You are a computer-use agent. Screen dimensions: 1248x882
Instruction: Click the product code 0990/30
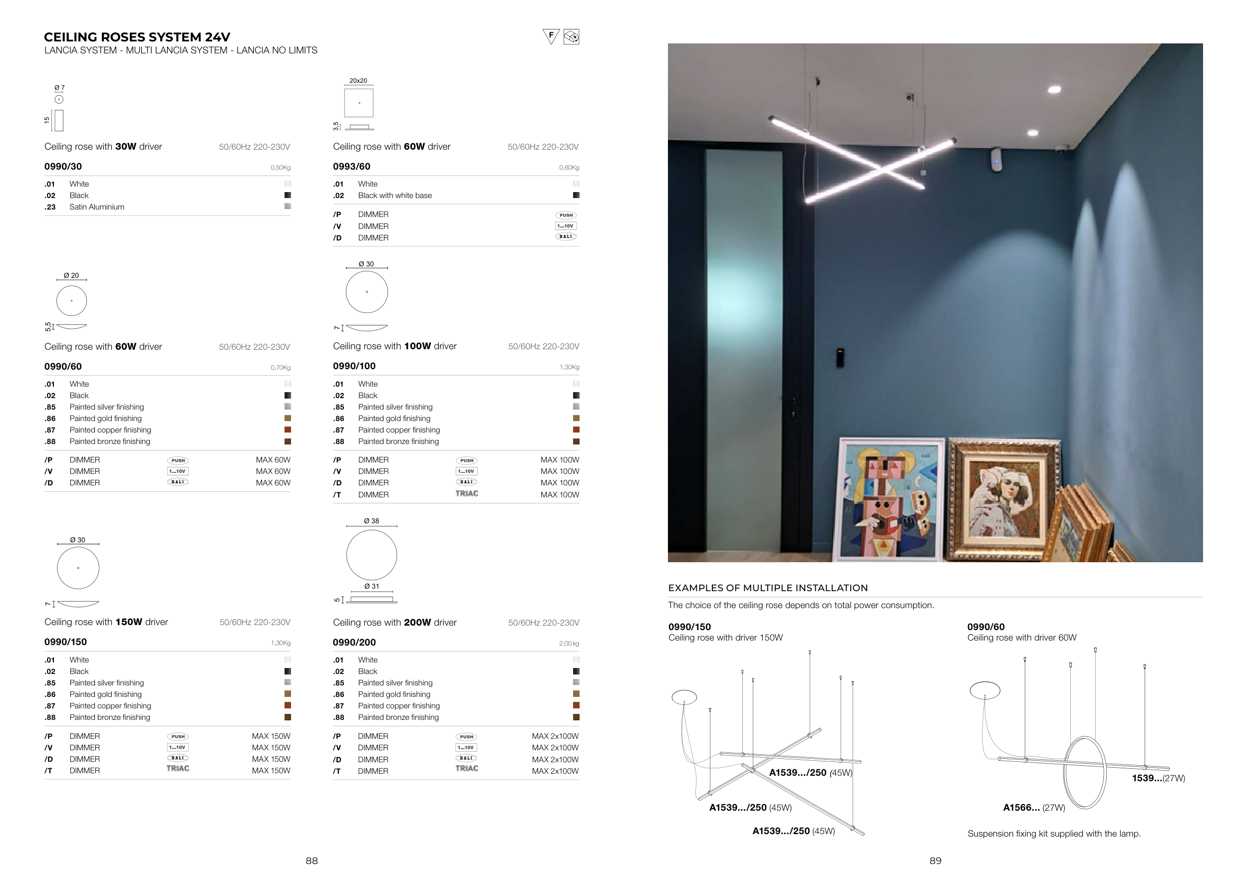coord(63,167)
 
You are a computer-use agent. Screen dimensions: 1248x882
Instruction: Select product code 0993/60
coord(351,167)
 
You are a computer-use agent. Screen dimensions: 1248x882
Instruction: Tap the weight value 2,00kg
coord(569,644)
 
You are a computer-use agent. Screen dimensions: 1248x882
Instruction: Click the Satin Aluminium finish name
coord(97,207)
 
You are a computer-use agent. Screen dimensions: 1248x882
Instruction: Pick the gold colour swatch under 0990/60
coord(288,418)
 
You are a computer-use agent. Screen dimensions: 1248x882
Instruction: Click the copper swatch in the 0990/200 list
coord(576,705)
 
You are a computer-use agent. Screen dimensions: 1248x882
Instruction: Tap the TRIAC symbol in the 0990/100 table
coord(467,494)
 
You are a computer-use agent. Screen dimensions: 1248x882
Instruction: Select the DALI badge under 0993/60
coord(566,237)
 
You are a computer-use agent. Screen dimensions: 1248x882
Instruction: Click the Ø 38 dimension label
coord(372,521)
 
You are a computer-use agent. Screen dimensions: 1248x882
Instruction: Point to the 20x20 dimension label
coord(358,81)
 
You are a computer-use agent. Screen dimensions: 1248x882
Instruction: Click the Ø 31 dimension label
coord(372,587)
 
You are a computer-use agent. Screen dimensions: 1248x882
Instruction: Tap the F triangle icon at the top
coord(551,36)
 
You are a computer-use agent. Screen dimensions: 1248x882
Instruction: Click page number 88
coord(312,861)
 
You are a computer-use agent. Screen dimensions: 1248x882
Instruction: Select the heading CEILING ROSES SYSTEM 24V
coord(137,37)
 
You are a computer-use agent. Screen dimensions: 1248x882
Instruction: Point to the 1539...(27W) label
coord(1158,778)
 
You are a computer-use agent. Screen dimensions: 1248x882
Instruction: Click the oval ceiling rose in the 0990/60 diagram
coord(985,690)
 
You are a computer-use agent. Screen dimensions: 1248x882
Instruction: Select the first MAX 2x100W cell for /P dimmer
coord(555,736)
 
